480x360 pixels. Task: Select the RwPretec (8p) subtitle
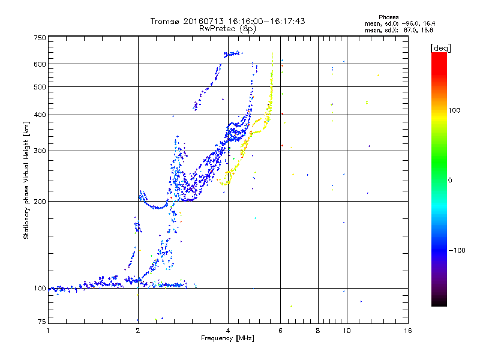point(227,28)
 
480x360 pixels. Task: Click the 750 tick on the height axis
point(40,37)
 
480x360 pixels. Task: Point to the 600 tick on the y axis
point(40,64)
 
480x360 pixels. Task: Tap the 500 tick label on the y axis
point(40,86)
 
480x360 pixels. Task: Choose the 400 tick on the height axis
point(40,115)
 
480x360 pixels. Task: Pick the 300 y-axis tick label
point(40,151)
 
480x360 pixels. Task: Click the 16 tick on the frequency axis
point(408,331)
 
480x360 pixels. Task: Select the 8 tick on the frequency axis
point(318,331)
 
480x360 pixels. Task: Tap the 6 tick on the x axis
point(281,331)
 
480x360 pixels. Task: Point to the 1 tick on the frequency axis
point(48,331)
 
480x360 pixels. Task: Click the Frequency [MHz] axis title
point(227,339)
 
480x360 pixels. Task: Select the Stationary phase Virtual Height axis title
point(26,180)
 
